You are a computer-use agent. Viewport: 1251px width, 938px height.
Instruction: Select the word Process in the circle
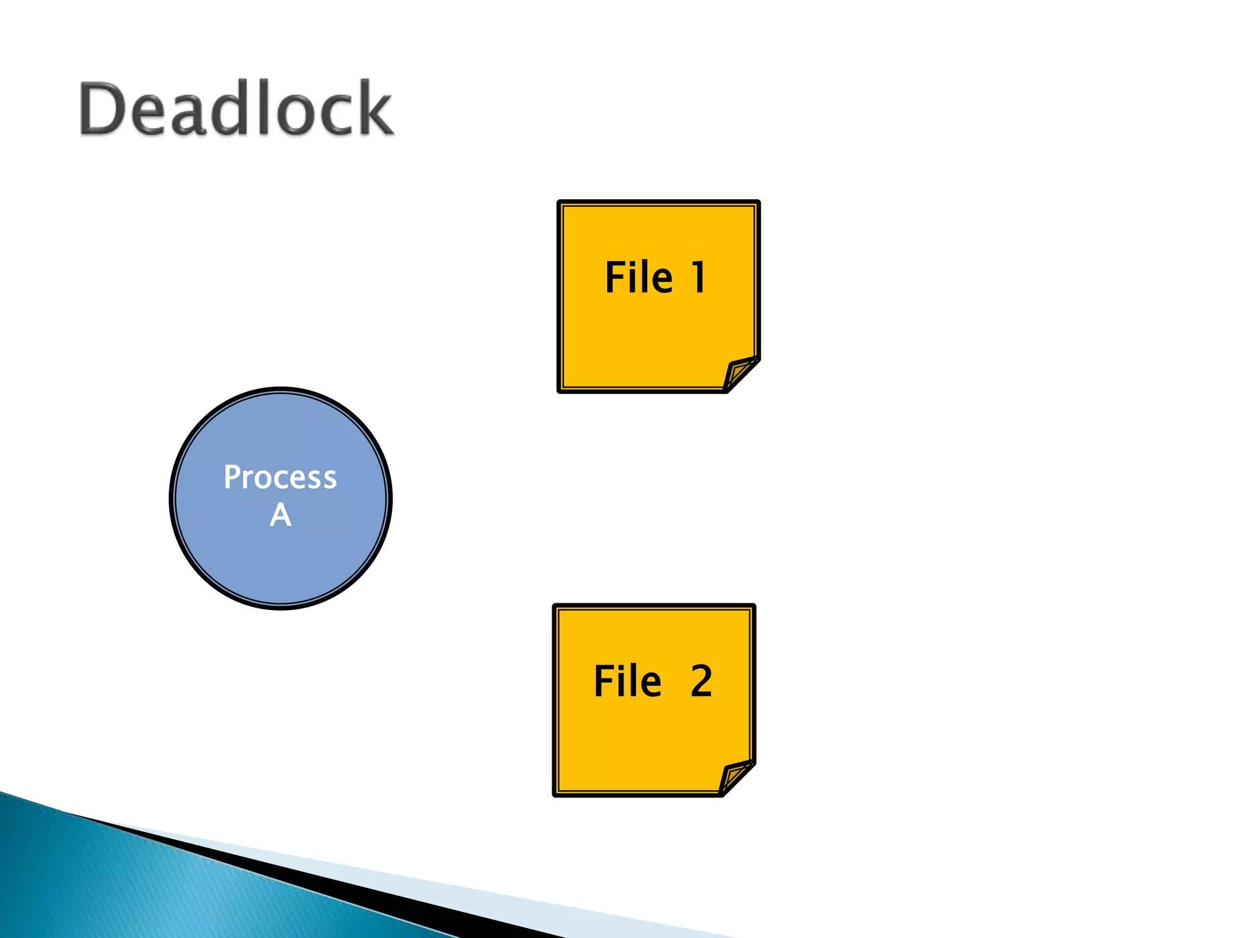(x=280, y=478)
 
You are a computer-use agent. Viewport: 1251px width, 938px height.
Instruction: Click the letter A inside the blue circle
(x=280, y=515)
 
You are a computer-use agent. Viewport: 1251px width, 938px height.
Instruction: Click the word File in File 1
(x=638, y=277)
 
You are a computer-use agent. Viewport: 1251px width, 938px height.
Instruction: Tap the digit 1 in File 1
(x=699, y=277)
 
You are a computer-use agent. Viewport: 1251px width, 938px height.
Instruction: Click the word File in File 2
(x=627, y=681)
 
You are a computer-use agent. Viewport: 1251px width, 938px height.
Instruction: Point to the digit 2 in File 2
(x=701, y=681)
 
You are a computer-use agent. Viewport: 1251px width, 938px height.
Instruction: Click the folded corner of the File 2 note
(x=734, y=777)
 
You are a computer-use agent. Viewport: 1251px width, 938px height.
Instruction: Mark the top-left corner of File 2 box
(x=556, y=608)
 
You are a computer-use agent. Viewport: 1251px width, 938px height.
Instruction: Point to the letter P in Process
(x=232, y=478)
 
